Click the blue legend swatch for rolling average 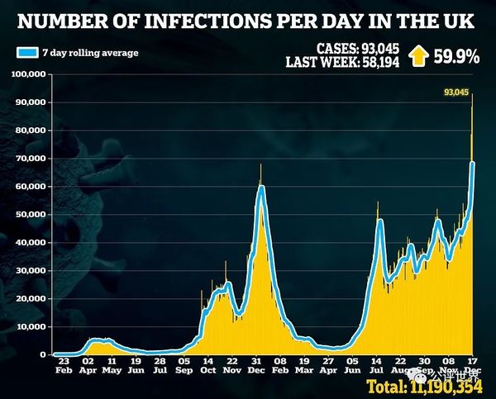(x=26, y=53)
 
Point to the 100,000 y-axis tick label (x=29, y=74)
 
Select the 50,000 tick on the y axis (x=31, y=215)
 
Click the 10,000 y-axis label (x=31, y=327)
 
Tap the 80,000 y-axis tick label (x=31, y=131)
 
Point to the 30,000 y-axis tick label (x=31, y=271)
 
